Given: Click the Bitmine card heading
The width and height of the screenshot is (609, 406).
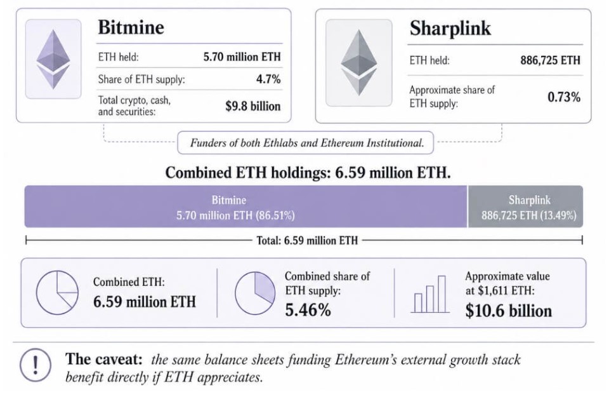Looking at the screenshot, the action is coord(131,27).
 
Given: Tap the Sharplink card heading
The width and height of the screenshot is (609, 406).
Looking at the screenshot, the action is coord(450,28).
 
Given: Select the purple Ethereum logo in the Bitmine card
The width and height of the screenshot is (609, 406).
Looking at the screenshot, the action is coord(53,59).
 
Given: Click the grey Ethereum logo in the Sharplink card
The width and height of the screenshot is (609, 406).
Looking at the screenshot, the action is coord(359,63).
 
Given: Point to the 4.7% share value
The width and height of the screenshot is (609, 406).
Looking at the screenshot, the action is coord(268,79).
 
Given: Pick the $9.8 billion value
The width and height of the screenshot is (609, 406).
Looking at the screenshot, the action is coord(253,106).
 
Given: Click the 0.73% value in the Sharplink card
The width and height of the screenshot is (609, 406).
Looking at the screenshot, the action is coord(564,97).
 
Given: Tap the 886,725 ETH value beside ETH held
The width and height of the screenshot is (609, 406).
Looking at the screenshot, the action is coord(551,60).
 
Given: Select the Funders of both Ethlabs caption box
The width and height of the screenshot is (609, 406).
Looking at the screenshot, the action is coord(305,143).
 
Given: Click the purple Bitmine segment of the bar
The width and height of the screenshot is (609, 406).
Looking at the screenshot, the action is coord(246,206).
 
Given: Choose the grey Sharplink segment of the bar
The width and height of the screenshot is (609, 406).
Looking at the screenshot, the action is coord(525,206).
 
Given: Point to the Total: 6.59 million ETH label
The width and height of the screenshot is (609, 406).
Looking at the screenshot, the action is coord(307,241).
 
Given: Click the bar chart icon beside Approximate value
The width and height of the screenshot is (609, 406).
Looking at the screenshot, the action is coord(430,294).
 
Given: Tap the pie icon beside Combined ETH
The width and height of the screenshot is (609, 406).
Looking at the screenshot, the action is coord(57,292).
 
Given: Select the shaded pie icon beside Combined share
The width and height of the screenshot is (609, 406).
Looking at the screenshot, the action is coord(255,293).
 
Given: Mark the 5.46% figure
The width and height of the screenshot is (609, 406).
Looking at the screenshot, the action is coord(308,310).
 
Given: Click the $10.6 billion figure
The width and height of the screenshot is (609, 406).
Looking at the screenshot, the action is coord(508,311).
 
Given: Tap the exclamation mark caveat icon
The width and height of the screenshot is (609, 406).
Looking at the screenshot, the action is coord(36,365).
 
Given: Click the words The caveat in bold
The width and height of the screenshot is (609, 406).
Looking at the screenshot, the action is coord(103,359).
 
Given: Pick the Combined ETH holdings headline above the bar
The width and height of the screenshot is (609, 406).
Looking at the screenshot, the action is coord(308,172).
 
